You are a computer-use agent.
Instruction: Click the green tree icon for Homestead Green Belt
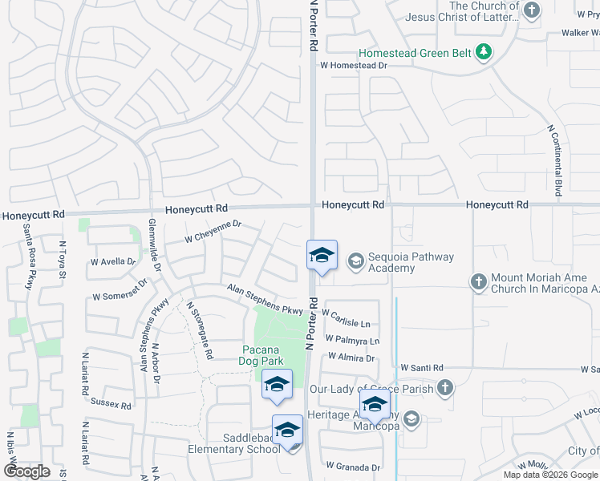(483, 53)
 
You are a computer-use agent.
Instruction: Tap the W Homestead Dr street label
(354, 66)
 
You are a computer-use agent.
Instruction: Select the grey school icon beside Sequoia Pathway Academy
(355, 261)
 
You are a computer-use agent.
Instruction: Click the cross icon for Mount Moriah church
(478, 281)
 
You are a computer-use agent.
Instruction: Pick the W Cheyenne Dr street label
(213, 232)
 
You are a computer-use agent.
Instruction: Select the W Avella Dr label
(114, 261)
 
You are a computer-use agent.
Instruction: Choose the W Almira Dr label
(351, 358)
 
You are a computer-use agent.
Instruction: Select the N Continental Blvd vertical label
(553, 160)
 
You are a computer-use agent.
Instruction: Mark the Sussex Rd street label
(111, 403)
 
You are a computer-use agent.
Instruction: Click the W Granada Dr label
(352, 467)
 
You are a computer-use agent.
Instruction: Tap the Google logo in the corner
(26, 471)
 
